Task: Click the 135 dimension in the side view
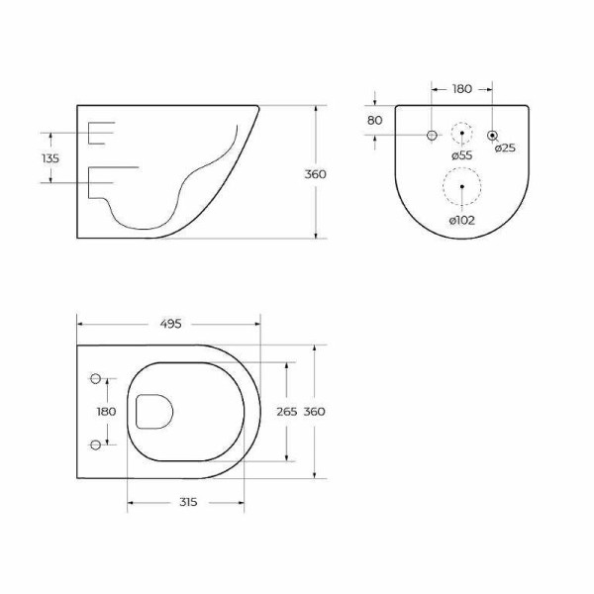tap(50, 158)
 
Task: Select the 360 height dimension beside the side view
tap(316, 174)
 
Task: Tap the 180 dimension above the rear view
tap(461, 90)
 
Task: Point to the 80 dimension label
tap(374, 121)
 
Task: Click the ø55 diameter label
tap(461, 155)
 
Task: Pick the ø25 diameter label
tap(505, 148)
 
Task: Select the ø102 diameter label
tap(461, 220)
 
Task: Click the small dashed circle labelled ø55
tap(462, 134)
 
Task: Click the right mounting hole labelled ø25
tap(493, 134)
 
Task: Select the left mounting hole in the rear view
tap(431, 134)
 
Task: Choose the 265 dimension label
tap(287, 412)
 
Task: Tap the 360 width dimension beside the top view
tap(316, 412)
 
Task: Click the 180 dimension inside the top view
tap(106, 412)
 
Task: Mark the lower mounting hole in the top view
tap(96, 443)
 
